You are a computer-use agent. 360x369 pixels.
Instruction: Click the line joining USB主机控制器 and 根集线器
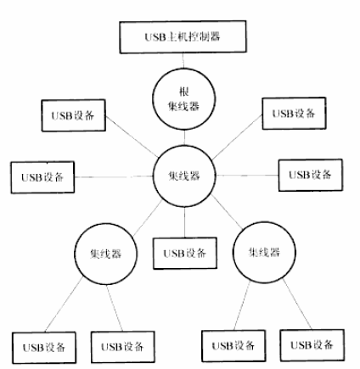[183, 60]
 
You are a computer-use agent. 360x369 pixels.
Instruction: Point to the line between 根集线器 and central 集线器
[184, 137]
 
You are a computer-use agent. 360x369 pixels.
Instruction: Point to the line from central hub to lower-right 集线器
[227, 212]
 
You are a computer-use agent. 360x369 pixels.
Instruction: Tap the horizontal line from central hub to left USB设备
[114, 176]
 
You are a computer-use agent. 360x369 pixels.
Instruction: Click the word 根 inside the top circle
[184, 92]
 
